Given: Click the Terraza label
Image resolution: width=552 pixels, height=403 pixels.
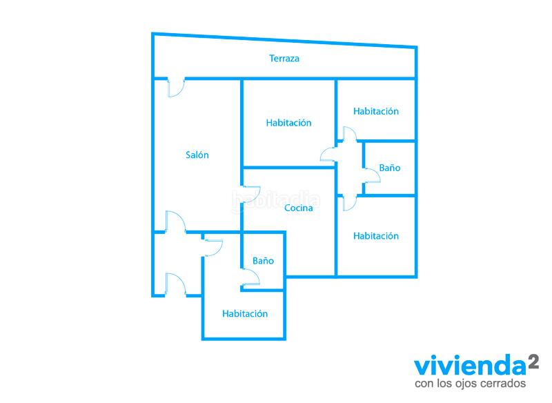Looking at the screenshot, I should coord(284,59).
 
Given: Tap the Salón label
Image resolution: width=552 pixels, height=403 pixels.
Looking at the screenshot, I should coord(197,155).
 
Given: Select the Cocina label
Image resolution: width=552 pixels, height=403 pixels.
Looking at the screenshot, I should coord(299,208).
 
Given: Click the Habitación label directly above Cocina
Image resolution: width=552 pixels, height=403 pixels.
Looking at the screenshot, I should coord(288,123).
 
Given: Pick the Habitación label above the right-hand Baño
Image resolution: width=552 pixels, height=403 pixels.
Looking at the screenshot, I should coord(376,111).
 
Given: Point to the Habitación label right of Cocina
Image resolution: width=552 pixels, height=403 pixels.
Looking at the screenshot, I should coord(376,236).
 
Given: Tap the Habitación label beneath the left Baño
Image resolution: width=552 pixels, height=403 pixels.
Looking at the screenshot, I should coord(245,313).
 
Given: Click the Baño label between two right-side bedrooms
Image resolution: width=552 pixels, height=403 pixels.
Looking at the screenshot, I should coord(390,168).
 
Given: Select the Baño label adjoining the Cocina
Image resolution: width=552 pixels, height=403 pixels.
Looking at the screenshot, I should coord(263,261).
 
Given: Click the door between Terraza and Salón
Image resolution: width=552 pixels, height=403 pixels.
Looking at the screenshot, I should coord(176,87).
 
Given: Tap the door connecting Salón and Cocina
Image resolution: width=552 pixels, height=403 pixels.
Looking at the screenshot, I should coord(250,195).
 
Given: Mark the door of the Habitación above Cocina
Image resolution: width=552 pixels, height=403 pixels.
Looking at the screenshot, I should coord(328,155).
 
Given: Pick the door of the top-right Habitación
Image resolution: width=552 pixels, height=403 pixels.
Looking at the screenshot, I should coord(350,135).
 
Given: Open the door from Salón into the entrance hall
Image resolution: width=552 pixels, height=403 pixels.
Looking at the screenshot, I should coord(177,222).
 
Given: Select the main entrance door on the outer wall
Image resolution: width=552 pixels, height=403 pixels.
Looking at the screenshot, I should coord(176,284).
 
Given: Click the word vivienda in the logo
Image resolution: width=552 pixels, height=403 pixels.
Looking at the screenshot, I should coord(469,365).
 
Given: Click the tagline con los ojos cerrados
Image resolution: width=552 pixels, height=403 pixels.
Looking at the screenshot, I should coord(471,383).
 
